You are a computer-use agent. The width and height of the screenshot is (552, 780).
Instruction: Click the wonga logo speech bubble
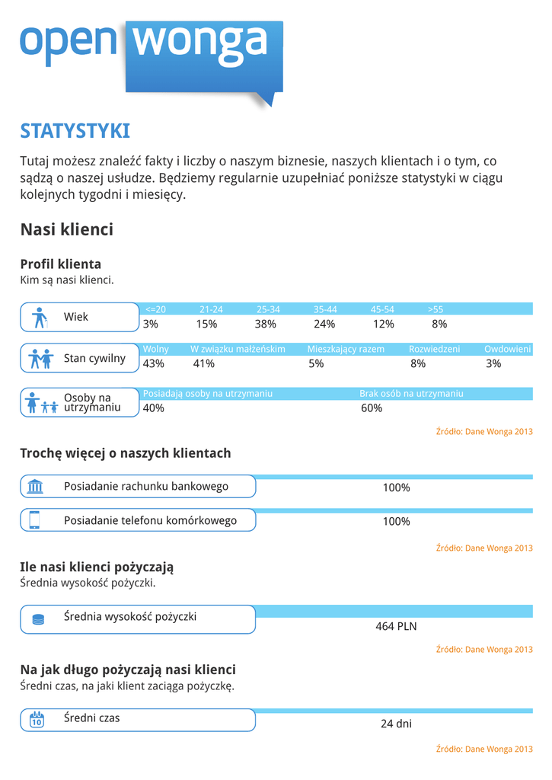(x=203, y=57)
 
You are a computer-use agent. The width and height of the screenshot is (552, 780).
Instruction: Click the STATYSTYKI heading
(x=75, y=131)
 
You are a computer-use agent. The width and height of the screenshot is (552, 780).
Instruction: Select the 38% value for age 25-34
(x=266, y=324)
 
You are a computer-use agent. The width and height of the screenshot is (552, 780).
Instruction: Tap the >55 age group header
(x=436, y=309)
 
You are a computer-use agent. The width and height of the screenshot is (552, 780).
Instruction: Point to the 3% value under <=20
(x=151, y=324)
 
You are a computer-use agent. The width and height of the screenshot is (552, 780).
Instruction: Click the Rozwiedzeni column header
(x=434, y=349)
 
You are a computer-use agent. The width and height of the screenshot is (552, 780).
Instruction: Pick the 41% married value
(x=204, y=363)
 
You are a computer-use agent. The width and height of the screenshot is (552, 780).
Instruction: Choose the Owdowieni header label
(x=507, y=349)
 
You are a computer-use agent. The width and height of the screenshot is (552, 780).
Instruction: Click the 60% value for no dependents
(x=372, y=408)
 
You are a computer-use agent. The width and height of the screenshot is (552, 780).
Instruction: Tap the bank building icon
(x=35, y=487)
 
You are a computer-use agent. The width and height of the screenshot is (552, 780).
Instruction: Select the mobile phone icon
(x=34, y=519)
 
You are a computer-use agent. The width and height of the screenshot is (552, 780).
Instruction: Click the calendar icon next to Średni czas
(x=36, y=719)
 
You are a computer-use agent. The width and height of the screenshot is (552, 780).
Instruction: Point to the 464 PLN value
(x=396, y=626)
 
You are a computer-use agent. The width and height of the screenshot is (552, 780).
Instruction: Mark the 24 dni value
(x=396, y=724)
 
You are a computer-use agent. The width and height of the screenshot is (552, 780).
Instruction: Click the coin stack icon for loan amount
(x=38, y=619)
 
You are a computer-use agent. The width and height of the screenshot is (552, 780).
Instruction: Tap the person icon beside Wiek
(x=40, y=317)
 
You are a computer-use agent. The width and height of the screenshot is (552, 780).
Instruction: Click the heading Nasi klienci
(x=67, y=229)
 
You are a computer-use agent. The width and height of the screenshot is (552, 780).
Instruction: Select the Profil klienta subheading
(x=60, y=264)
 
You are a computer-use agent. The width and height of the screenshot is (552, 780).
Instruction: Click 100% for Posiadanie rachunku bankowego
(x=396, y=487)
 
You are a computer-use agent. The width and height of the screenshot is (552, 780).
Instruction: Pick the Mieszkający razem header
(x=346, y=349)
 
